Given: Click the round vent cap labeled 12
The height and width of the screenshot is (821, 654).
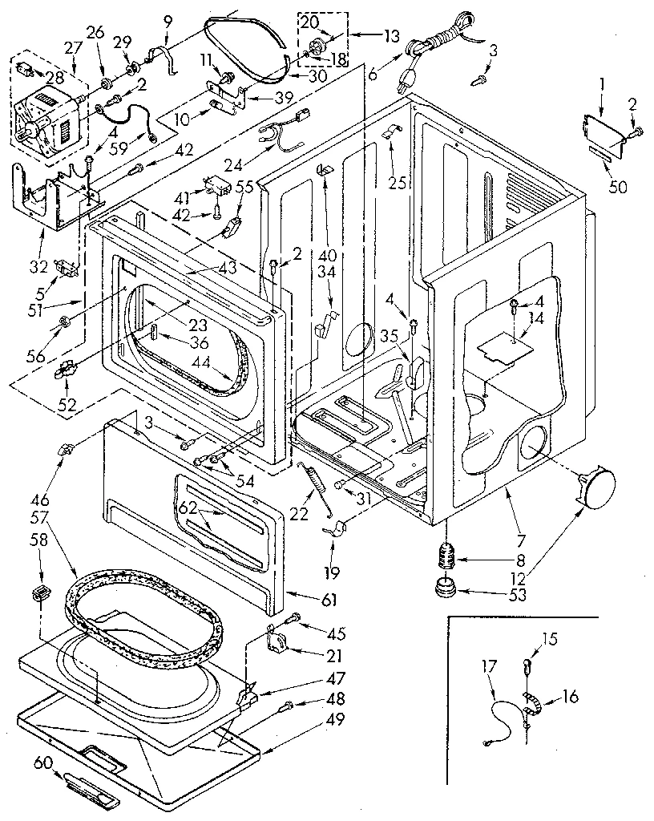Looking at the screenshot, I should [x=598, y=486].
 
